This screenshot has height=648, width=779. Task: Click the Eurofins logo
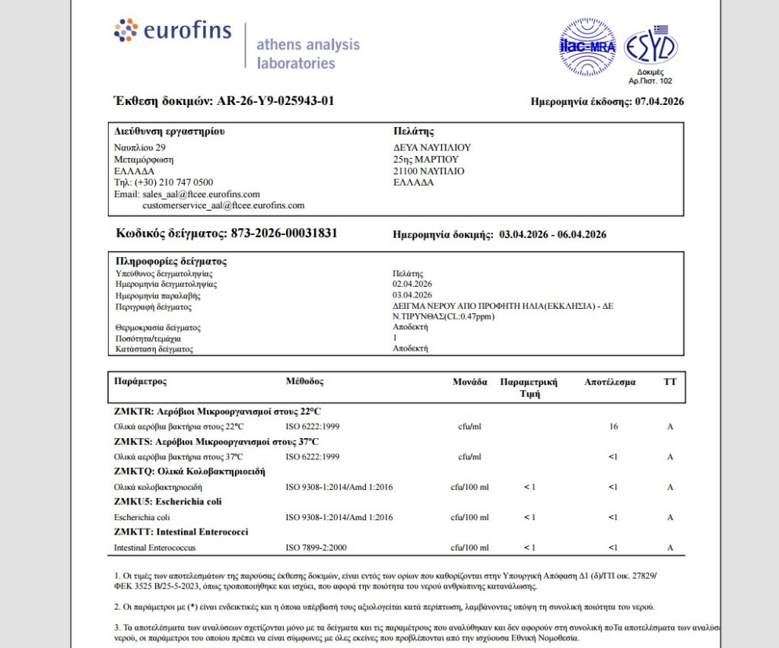click(171, 30)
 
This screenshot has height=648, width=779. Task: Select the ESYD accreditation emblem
click(650, 48)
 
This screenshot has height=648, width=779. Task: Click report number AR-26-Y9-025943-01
click(275, 101)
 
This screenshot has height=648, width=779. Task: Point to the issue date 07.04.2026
click(659, 102)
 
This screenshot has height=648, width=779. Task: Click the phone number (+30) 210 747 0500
click(173, 183)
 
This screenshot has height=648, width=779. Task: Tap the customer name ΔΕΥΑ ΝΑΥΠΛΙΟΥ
click(432, 148)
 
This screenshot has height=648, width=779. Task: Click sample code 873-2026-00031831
click(284, 233)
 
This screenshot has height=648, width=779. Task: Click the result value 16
click(613, 427)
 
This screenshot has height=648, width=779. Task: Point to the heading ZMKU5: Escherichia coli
click(168, 502)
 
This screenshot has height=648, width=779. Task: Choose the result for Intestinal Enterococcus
click(613, 548)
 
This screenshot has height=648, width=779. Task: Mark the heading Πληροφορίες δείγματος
click(170, 261)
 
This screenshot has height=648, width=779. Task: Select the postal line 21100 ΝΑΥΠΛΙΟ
click(428, 171)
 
